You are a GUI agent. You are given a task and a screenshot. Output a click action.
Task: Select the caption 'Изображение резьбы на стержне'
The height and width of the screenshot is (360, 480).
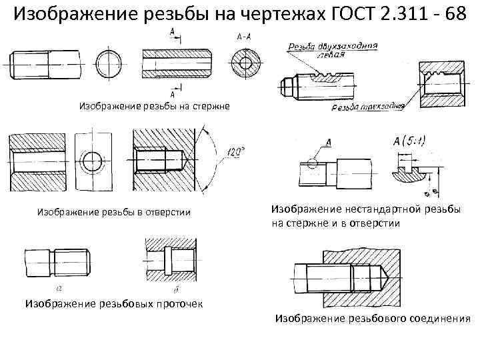pos(155,105)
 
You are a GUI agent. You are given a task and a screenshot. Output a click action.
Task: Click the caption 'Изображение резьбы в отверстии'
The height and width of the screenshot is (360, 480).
pos(113,212)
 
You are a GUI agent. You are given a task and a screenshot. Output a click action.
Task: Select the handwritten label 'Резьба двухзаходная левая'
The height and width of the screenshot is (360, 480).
pos(333,50)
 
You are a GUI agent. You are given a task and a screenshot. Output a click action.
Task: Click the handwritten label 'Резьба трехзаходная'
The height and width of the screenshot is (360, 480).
pos(367,106)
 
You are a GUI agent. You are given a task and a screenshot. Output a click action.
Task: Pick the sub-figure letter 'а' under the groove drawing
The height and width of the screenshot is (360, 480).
pos(59,288)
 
